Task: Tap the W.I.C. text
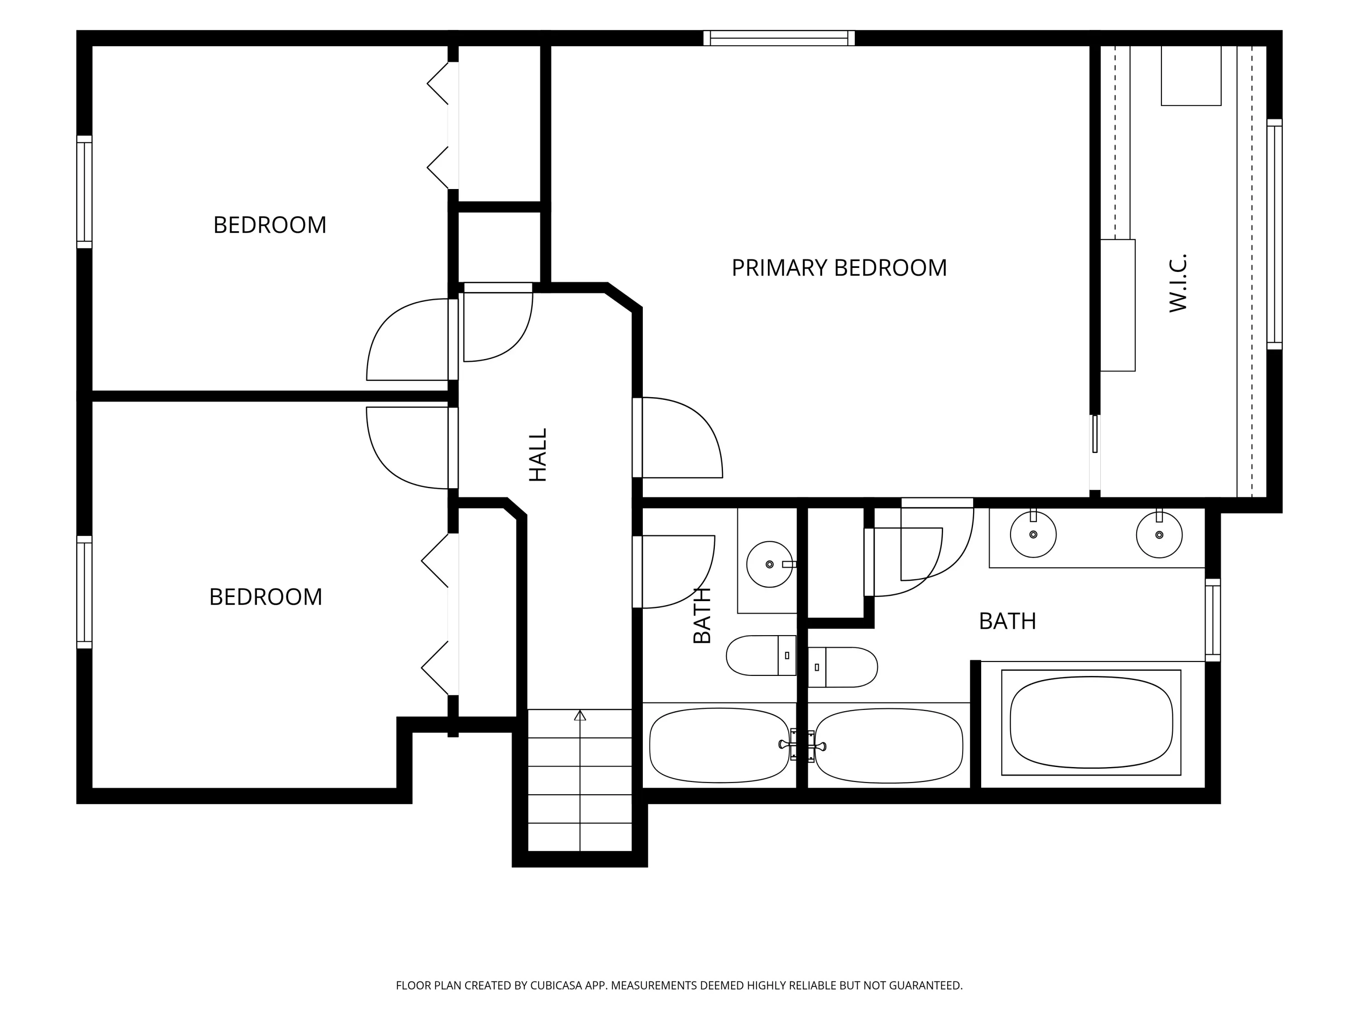1178,283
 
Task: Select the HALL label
538,455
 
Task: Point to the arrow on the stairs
580,780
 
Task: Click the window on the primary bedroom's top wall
779,38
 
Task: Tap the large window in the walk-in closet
1274,234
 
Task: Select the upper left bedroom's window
84,192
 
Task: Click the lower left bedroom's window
84,592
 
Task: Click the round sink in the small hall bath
770,564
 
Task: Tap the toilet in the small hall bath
761,656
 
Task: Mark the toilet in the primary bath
842,667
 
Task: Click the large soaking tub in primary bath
1091,723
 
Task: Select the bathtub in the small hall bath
719,745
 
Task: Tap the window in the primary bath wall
1213,620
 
